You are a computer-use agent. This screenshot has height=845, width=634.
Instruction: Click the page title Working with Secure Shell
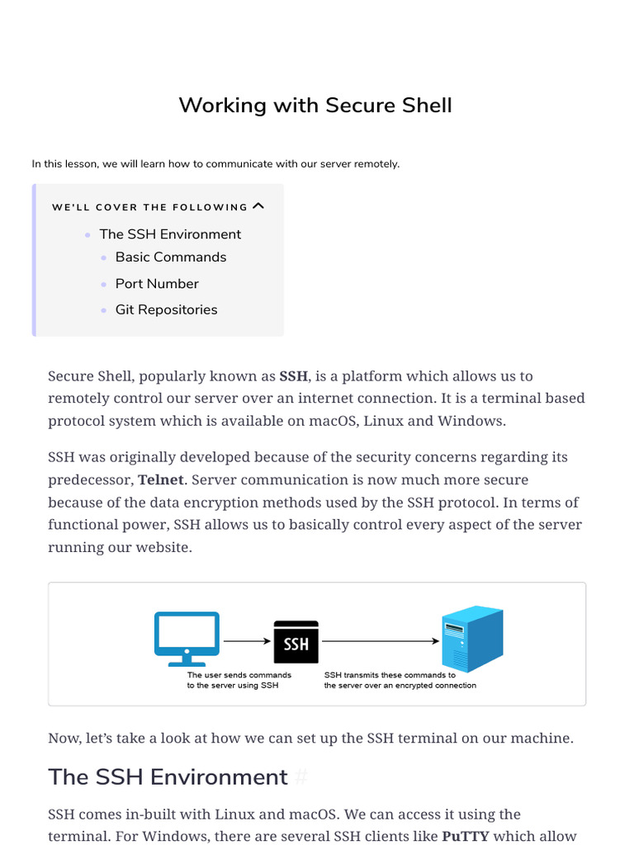tap(315, 106)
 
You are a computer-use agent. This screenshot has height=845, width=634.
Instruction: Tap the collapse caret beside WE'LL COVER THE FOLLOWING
tap(258, 206)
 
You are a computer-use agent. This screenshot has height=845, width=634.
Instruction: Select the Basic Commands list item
tap(171, 257)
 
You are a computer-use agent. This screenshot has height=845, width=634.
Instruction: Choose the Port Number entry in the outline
tap(157, 284)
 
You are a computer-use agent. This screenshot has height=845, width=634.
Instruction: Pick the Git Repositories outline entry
tap(166, 310)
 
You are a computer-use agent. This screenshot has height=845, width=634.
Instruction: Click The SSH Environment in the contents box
tap(170, 234)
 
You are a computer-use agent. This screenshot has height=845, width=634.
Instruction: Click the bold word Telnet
tap(161, 480)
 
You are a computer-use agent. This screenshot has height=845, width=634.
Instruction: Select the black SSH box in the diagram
tap(296, 642)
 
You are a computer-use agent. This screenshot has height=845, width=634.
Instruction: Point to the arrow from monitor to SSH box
tap(247, 640)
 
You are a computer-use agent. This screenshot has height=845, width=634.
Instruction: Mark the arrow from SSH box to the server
tap(380, 640)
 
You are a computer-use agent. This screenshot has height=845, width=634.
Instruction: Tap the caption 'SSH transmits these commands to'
tap(390, 675)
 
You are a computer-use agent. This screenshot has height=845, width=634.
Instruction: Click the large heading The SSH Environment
tap(168, 777)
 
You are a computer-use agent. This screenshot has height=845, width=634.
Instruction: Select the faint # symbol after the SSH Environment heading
tap(301, 777)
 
